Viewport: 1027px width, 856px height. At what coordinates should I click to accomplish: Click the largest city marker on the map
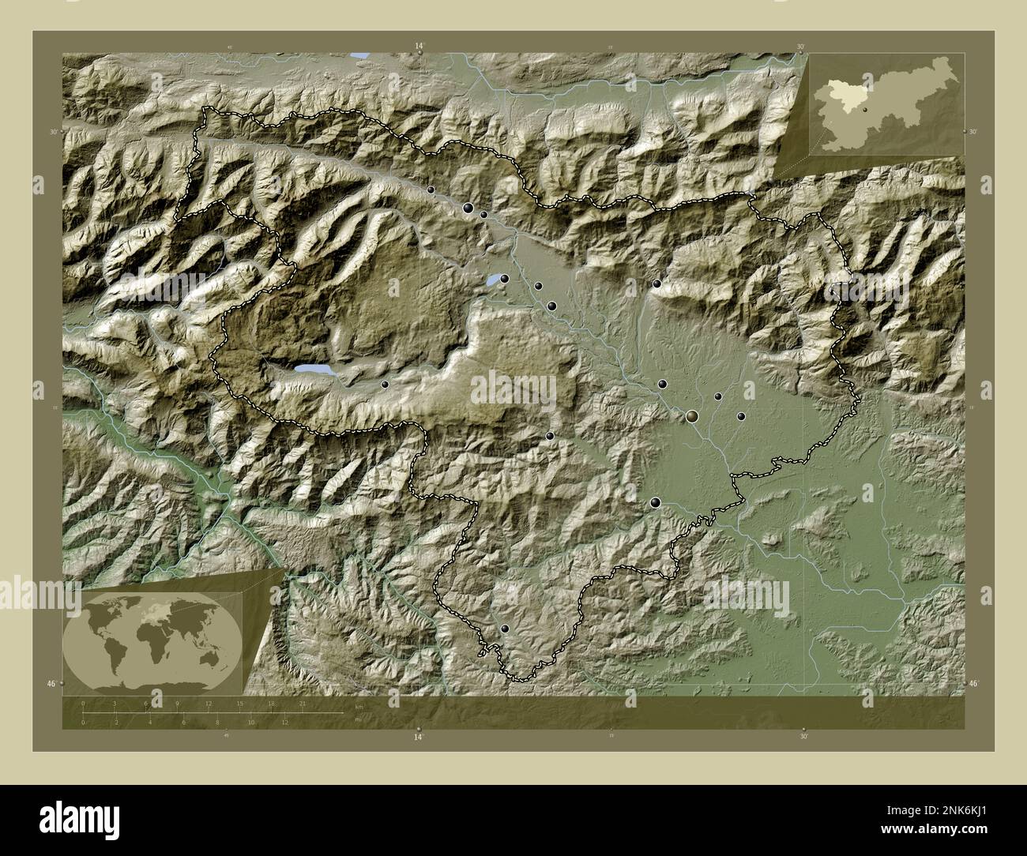pyautogui.click(x=692, y=415)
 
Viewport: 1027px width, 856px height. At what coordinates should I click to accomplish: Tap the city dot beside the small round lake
pyautogui.click(x=504, y=278)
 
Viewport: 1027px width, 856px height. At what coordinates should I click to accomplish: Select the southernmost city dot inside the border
pyautogui.click(x=505, y=629)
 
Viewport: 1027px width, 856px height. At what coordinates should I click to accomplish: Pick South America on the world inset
pyautogui.click(x=116, y=654)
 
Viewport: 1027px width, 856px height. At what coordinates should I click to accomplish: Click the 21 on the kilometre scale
pyautogui.click(x=303, y=703)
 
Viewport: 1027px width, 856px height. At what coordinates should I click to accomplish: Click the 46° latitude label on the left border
pyautogui.click(x=51, y=683)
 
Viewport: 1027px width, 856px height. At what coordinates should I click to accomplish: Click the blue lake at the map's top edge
pyautogui.click(x=359, y=55)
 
